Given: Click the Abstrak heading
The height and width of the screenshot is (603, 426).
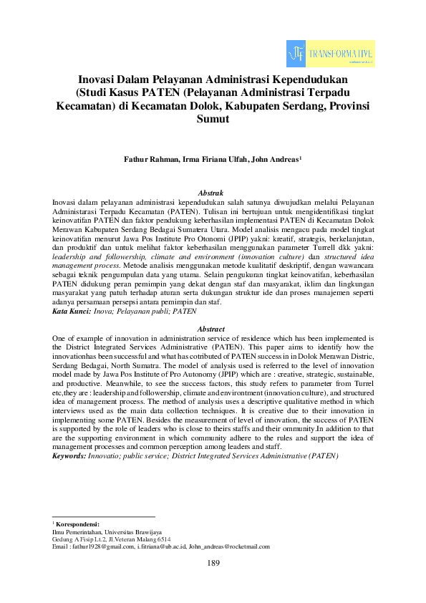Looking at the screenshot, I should (x=213, y=193).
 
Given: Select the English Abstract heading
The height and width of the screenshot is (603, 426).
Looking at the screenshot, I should (x=213, y=327).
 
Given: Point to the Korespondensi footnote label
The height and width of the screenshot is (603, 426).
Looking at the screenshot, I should (x=80, y=525).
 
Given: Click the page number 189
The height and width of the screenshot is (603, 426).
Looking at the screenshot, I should (x=213, y=563).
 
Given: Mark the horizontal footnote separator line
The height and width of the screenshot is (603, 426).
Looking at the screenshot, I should (x=104, y=516).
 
